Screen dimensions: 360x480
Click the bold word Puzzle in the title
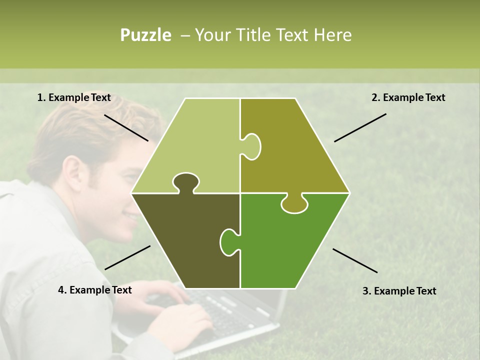click(145, 35)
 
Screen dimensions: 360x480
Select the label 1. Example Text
click(74, 98)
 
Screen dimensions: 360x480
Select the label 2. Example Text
click(408, 98)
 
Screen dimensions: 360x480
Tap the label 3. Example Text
click(399, 291)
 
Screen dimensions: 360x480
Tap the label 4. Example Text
click(95, 290)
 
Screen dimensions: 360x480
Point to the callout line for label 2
click(360, 127)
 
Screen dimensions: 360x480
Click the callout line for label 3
click(355, 260)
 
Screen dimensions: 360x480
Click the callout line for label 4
click(127, 257)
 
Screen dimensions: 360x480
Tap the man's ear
click(73, 172)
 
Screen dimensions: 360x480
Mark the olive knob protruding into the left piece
click(251, 146)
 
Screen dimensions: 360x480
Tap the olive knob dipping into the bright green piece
click(294, 203)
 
